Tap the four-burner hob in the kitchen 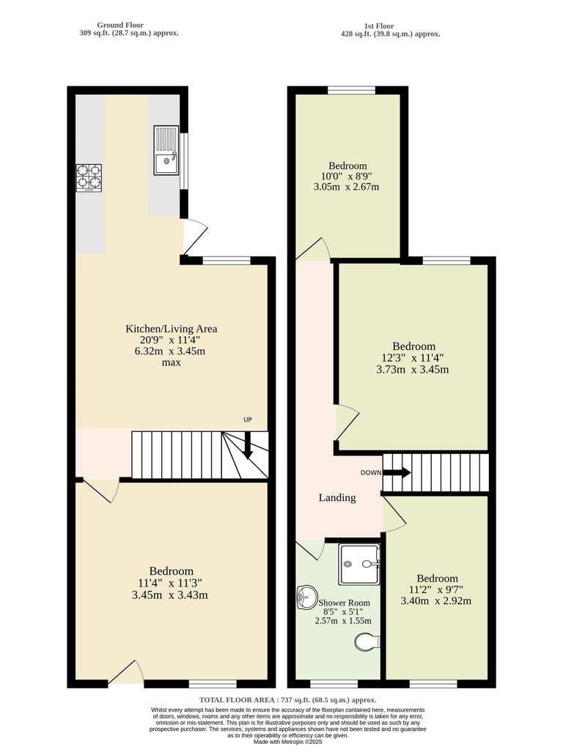point(89,177)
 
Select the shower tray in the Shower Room point(359,564)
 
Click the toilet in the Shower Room point(367,642)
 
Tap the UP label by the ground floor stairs point(248,420)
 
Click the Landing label point(337,498)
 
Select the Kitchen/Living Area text point(171,329)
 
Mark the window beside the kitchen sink point(184,155)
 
